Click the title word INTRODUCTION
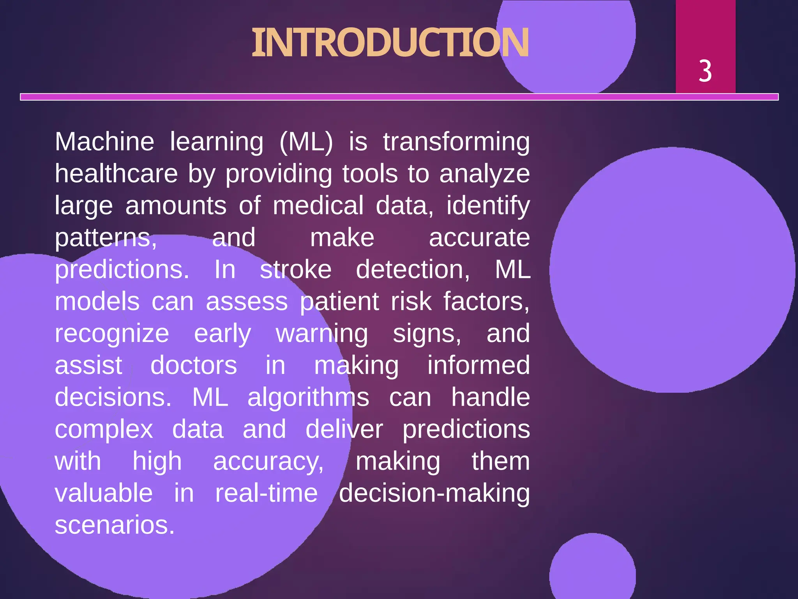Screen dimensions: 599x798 [390, 43]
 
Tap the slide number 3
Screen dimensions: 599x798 [705, 71]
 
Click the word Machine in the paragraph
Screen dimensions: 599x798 [104, 142]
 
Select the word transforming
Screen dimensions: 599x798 [456, 142]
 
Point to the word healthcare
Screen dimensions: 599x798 [116, 174]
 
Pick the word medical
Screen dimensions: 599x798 [318, 206]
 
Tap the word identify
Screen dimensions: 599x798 [488, 206]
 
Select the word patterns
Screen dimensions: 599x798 [106, 238]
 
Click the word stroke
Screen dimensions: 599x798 [296, 269]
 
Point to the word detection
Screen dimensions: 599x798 [413, 269]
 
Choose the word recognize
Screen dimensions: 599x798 [112, 334]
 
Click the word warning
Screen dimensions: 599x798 [322, 334]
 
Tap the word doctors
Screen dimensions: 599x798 [194, 365]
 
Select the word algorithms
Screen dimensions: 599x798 [308, 398]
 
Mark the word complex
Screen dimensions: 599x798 [104, 430]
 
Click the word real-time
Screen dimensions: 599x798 [267, 493]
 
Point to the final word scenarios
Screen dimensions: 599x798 [115, 525]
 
